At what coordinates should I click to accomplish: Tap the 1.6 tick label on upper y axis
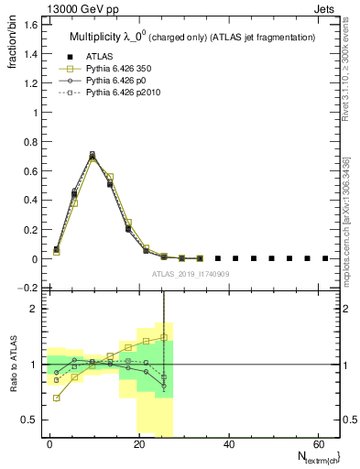click(x=27, y=25)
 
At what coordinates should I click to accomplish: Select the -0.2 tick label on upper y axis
click(x=26, y=289)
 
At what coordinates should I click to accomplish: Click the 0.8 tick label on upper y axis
click(x=27, y=142)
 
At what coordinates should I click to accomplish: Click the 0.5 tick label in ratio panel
click(x=27, y=420)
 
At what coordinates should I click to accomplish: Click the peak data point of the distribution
click(x=93, y=157)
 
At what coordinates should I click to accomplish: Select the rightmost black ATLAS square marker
click(x=324, y=258)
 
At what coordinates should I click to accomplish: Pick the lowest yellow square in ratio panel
click(x=58, y=398)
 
